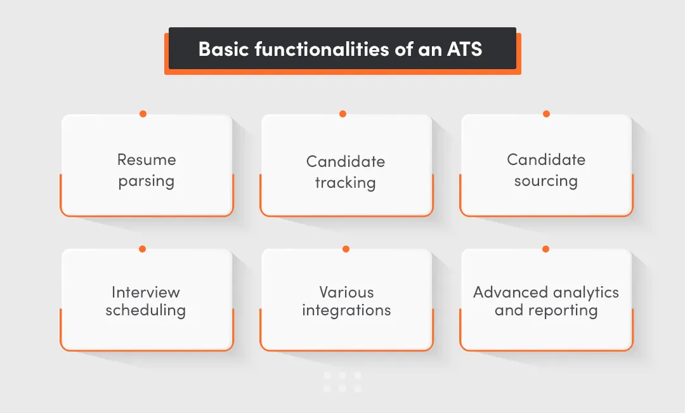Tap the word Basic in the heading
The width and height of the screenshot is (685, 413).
pos(225,49)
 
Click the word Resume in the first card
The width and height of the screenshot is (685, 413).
pos(147,160)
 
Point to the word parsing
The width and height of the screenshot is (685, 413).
pos(147,181)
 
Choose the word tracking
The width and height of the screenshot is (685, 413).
pos(346,183)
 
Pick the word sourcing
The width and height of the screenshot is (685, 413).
pos(545,181)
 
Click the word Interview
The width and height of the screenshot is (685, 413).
pos(146,292)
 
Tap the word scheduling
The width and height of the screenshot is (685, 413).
pos(146,311)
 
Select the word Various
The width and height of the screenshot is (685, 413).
pos(346,292)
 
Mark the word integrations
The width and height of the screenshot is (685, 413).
pos(346,311)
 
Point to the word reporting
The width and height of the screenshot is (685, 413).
pos(563,311)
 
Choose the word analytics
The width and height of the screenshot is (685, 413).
pos(585,292)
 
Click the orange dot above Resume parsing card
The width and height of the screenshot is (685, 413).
pos(143,114)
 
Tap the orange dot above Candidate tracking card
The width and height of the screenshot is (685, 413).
pos(342,114)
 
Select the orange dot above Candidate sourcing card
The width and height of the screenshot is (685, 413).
pos(546,114)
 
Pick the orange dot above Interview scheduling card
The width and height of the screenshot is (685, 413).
pos(142,249)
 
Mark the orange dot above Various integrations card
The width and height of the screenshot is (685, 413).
pos(346,249)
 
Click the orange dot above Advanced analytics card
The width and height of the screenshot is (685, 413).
pos(545,249)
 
